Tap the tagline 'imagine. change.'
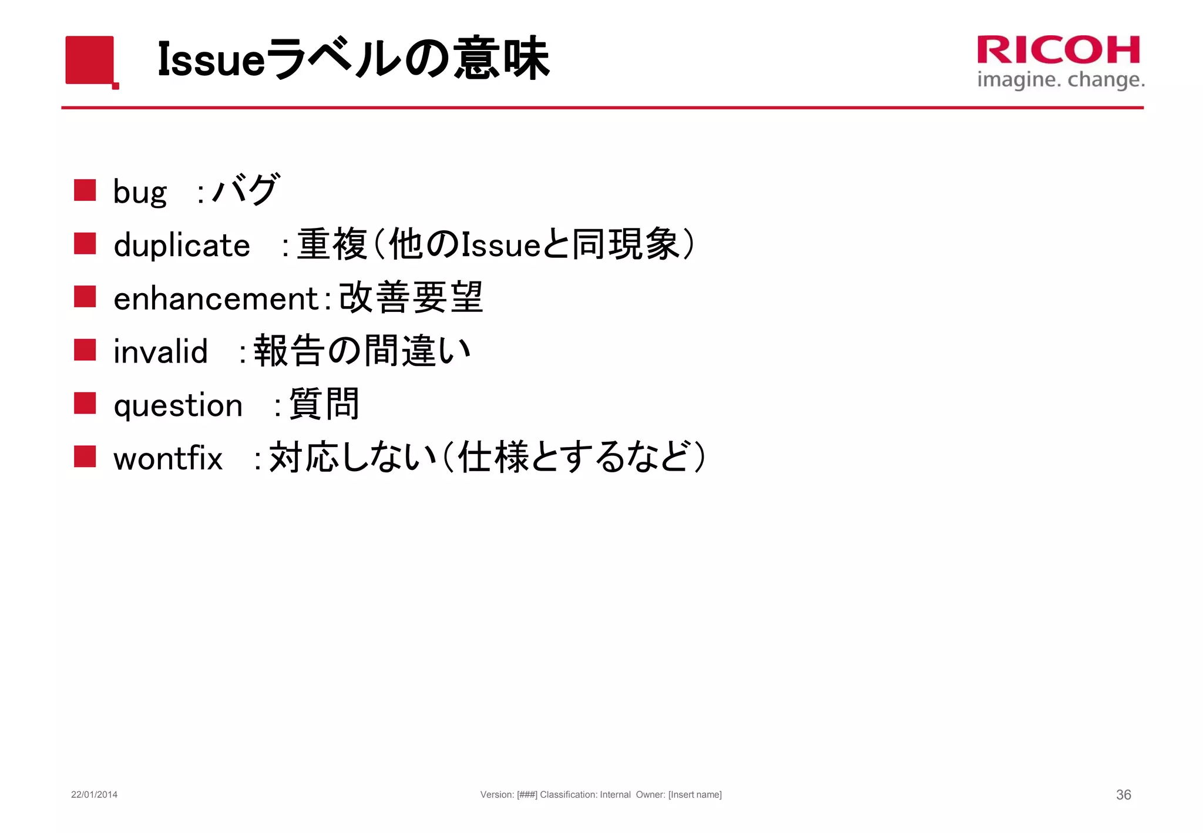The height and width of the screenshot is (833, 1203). (1060, 79)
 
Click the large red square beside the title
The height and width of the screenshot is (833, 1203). (90, 60)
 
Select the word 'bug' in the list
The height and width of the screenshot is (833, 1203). (140, 192)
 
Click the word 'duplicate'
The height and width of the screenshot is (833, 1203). (182, 245)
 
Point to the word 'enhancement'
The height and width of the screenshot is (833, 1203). (216, 298)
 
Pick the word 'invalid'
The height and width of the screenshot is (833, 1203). (160, 351)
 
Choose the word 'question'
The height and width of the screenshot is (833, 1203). (178, 405)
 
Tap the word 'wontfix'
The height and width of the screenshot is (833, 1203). (168, 458)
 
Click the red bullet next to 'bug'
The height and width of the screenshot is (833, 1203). (85, 190)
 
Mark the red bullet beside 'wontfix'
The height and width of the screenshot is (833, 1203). (85, 456)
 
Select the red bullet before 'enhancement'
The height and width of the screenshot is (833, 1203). (85, 297)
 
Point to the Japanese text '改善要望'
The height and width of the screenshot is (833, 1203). (411, 297)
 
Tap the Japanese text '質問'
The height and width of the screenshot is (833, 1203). (324, 404)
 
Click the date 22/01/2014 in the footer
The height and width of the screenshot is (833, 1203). (94, 795)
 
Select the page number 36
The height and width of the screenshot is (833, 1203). (1123, 795)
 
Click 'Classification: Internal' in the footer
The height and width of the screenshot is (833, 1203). (585, 795)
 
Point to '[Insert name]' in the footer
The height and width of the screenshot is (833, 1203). (695, 795)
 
